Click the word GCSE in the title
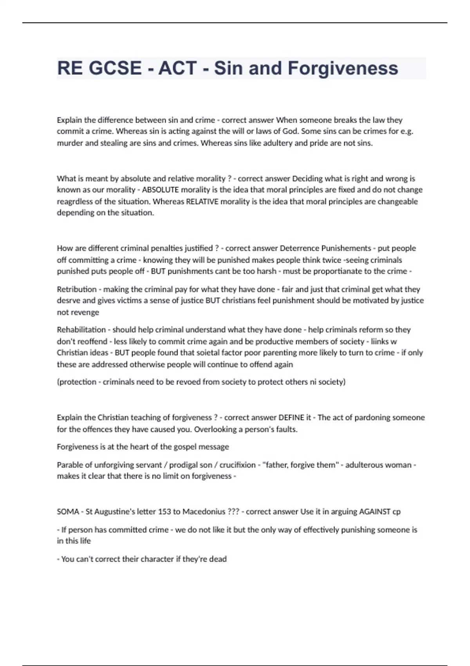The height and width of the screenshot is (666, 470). click(x=115, y=68)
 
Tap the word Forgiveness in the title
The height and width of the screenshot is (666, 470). click(x=343, y=68)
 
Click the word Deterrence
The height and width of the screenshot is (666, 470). click(x=300, y=248)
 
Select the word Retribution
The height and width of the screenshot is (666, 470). click(x=77, y=289)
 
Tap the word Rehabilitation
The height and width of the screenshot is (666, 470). click(x=81, y=329)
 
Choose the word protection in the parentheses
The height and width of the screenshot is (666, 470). click(x=78, y=382)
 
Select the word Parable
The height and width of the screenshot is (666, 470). click(x=69, y=465)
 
